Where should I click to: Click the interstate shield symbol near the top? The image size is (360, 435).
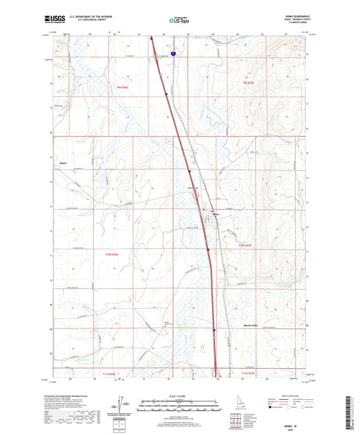pyautogui.click(x=173, y=51)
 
